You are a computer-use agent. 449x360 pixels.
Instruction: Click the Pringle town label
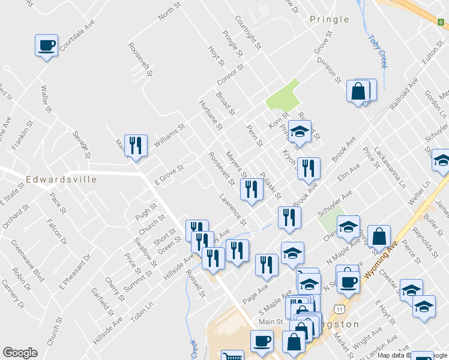(x=329, y=19)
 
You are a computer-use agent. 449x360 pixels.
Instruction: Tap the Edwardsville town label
(x=62, y=179)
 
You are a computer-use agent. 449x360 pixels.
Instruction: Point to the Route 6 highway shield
(x=441, y=22)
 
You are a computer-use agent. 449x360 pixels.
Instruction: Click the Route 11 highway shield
(x=340, y=308)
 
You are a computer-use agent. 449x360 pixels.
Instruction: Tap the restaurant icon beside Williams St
(x=136, y=145)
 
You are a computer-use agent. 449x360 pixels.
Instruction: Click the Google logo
(x=20, y=353)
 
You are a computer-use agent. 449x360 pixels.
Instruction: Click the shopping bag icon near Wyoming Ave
(x=379, y=236)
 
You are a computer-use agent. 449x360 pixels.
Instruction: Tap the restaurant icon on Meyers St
(x=251, y=190)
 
